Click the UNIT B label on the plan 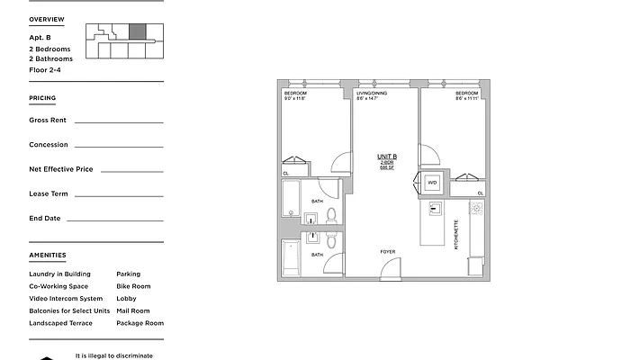[387, 157]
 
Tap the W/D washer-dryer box [432, 181]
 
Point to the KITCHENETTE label [456, 234]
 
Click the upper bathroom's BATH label [317, 202]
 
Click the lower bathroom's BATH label [317, 255]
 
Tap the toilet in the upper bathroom [331, 215]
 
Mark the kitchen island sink [435, 209]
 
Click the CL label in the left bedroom [286, 173]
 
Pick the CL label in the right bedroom [480, 193]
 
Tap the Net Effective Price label [61, 169]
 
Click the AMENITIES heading [47, 256]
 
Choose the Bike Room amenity [133, 286]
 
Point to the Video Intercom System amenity [66, 299]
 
